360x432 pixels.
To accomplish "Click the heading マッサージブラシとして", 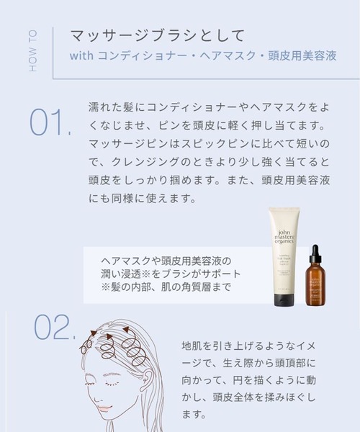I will point(158,35).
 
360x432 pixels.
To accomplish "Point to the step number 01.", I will point(49,123).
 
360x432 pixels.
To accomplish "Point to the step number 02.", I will point(54,328).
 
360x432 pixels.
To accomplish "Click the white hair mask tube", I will point(284,248).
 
